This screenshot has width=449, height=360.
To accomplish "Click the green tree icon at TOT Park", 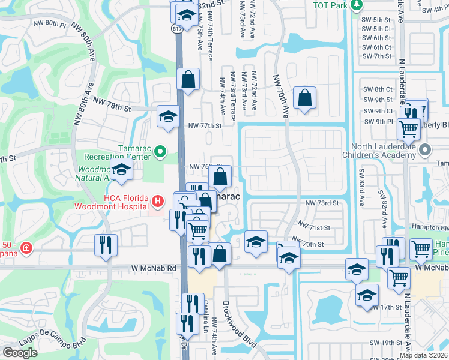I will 357,5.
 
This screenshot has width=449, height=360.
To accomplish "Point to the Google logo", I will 20,352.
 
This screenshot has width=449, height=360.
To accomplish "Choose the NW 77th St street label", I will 205,126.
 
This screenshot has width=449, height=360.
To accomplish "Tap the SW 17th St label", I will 385,307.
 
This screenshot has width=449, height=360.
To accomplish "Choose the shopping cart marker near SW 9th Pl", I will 408,127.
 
